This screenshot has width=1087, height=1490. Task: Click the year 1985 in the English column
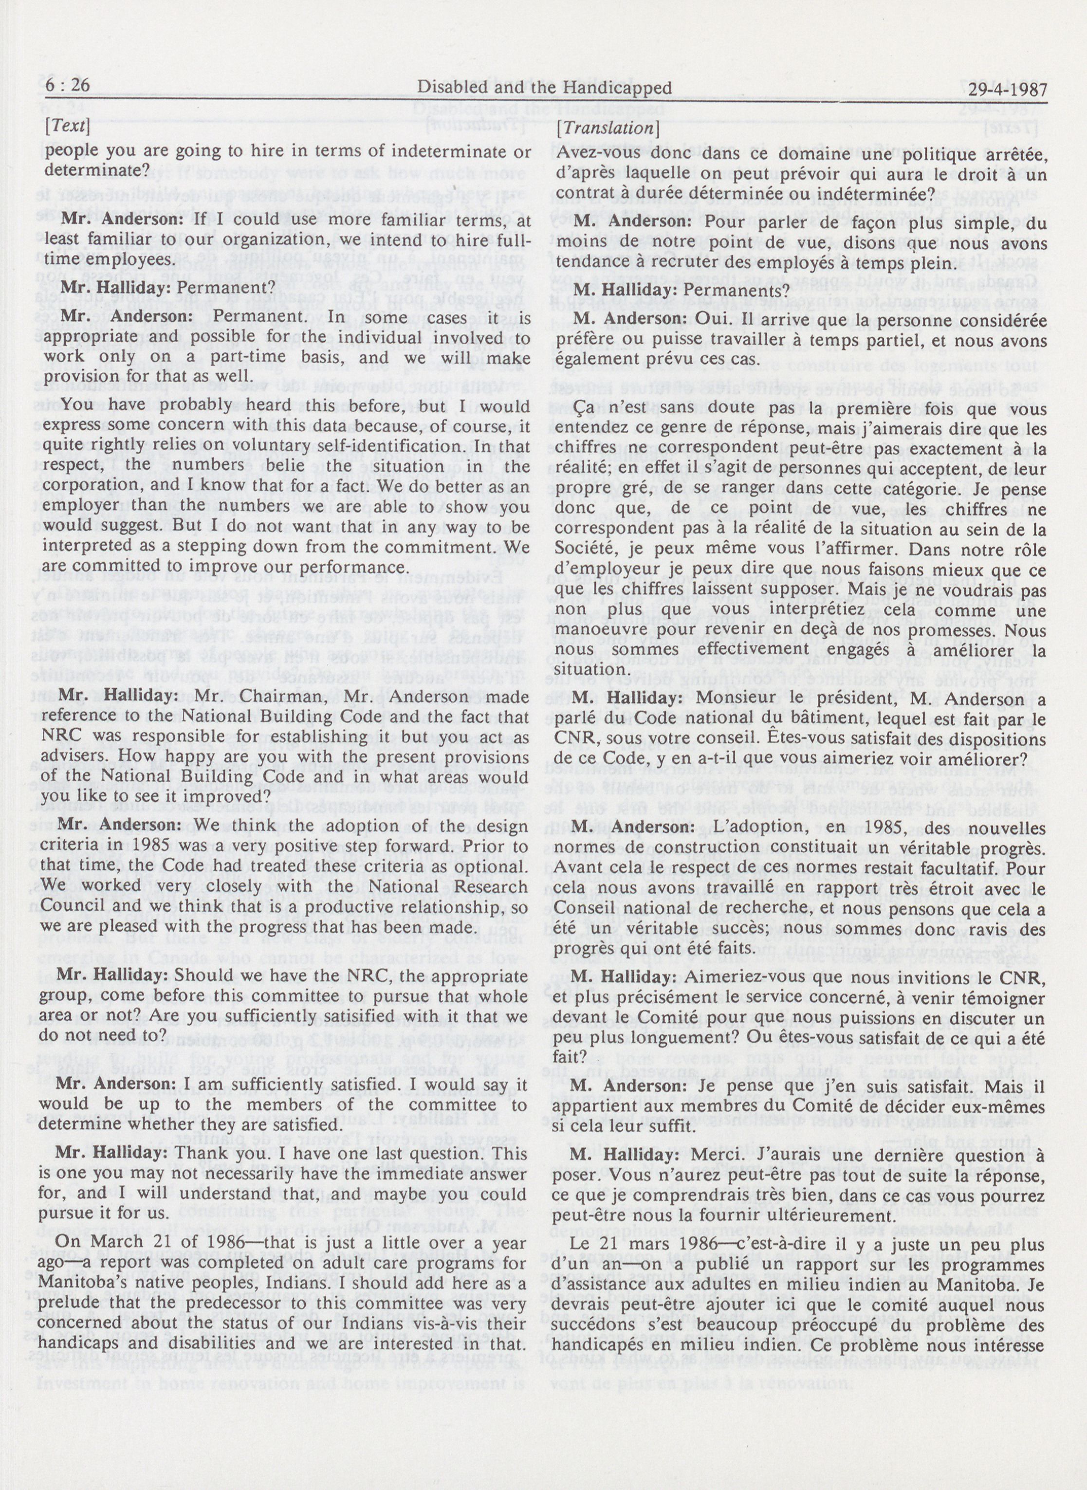pos(193,828)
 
